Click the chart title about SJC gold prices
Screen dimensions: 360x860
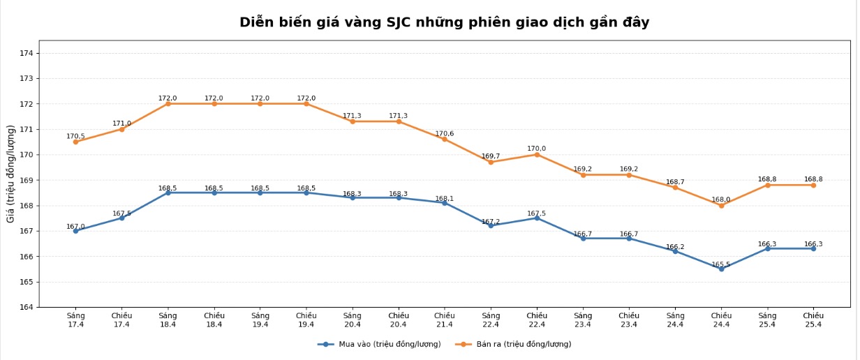click(444, 22)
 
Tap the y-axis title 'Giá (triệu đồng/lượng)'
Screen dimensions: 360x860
click(11, 174)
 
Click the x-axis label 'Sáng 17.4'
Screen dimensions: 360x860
click(75, 320)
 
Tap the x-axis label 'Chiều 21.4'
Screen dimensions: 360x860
click(445, 320)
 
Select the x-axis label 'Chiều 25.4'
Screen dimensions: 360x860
click(813, 320)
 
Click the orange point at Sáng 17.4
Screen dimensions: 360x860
click(75, 142)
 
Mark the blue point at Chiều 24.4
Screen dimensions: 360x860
click(721, 269)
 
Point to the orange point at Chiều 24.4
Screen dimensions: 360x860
click(721, 205)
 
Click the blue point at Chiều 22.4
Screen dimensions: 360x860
click(537, 218)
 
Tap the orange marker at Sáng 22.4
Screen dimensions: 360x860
click(491, 162)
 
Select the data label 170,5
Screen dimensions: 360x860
click(75, 137)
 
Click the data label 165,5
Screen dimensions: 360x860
click(721, 264)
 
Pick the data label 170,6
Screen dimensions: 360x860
click(445, 134)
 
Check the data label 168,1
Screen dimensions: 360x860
click(445, 199)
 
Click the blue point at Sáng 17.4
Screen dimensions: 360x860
click(75, 230)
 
